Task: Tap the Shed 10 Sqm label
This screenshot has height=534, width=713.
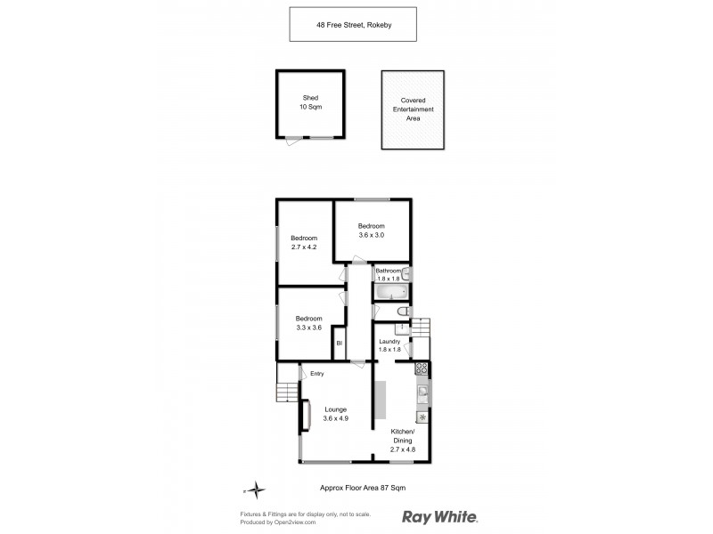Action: click(x=310, y=102)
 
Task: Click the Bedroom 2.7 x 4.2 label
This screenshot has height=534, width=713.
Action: click(x=304, y=242)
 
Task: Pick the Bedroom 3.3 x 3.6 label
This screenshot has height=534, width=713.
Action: click(x=308, y=323)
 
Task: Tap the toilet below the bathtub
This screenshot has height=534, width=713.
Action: click(x=402, y=312)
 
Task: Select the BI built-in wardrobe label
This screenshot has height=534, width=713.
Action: click(x=339, y=344)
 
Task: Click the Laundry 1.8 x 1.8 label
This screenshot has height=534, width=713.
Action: click(x=389, y=345)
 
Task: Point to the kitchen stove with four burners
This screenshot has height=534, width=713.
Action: click(x=422, y=368)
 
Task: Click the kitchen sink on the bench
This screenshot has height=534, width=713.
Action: click(x=423, y=392)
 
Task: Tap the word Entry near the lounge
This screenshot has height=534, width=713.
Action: click(x=317, y=373)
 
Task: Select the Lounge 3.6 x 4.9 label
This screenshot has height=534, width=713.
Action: click(x=334, y=413)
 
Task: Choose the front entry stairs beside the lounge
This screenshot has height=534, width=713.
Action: click(x=286, y=392)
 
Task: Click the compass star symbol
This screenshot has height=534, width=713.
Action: click(x=256, y=489)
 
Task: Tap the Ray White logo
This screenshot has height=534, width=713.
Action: click(x=440, y=516)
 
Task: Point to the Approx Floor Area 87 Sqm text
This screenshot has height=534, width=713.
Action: click(x=362, y=488)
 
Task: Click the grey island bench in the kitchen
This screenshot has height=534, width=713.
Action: click(x=380, y=398)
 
